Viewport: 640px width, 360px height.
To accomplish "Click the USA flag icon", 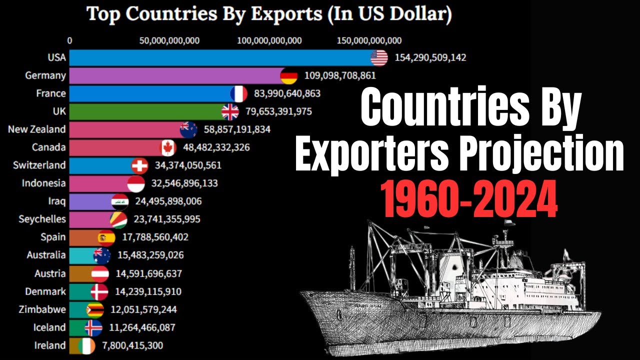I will tap(379, 58).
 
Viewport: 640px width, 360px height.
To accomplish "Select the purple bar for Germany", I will tap(175, 76).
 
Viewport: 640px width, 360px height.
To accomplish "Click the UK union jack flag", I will tap(230, 111).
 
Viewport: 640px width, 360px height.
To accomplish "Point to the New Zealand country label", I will tap(36, 129).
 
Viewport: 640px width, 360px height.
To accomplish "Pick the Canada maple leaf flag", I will tap(168, 147).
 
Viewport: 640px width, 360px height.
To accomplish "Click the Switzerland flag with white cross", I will tap(139, 165).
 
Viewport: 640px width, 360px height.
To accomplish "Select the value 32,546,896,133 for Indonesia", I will tap(184, 183).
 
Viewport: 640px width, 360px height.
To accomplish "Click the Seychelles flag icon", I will tap(118, 219).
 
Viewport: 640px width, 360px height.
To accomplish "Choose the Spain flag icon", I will tap(106, 237).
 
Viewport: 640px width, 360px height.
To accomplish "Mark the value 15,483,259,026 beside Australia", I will tap(150, 255).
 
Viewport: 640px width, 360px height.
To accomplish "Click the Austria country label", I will tap(50, 273).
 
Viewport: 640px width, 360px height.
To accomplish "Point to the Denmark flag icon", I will tap(99, 291).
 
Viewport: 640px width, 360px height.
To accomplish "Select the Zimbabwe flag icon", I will tap(95, 309).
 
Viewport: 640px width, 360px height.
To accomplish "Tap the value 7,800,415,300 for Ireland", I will tap(129, 345).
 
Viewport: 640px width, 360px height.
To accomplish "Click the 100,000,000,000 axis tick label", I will tap(270, 40).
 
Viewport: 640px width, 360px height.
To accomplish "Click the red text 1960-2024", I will tap(468, 199).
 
